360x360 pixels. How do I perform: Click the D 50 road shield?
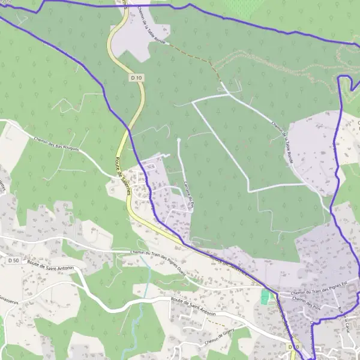click(13, 260)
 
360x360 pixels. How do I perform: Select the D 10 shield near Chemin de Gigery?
click(293, 347)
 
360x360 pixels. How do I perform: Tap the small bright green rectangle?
click(265, 296)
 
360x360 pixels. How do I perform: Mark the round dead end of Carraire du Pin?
click(179, 140)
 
